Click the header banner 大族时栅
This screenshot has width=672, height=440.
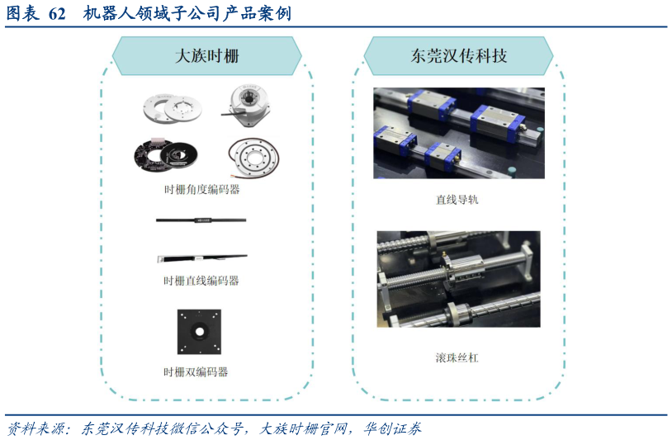pyautogui.click(x=206, y=56)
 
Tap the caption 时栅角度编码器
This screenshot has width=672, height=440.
pyautogui.click(x=201, y=190)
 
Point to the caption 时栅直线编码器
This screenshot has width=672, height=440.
pyautogui.click(x=201, y=281)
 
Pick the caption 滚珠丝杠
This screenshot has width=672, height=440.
pyautogui.click(x=457, y=357)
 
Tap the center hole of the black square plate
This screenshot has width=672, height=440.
pyautogui.click(x=199, y=330)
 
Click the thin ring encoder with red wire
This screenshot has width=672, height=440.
pyautogui.click(x=253, y=156)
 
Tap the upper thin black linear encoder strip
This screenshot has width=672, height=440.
pyautogui.click(x=201, y=220)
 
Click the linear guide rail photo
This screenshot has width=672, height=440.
pyautogui.click(x=458, y=133)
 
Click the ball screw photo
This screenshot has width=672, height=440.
pyautogui.click(x=458, y=279)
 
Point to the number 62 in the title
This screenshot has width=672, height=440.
pyautogui.click(x=57, y=14)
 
